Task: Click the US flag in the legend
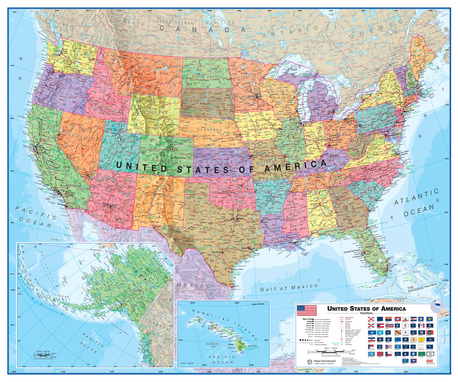[307, 310]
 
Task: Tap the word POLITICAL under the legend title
[366, 313]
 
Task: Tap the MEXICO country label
[193, 285]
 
